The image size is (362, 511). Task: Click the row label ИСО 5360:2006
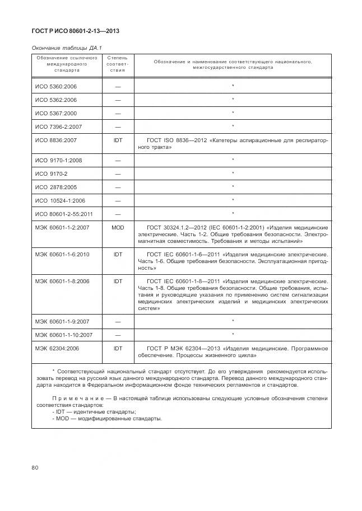[55, 86]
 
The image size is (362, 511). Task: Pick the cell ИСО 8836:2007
[55, 140]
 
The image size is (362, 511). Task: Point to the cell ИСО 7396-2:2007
[58, 126]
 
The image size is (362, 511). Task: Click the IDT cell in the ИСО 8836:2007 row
[118, 140]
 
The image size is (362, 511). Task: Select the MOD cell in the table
[118, 228]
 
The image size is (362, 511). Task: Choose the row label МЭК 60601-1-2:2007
[63, 228]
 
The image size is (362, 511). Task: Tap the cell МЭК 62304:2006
[58, 348]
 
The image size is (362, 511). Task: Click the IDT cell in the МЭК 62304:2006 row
[118, 348]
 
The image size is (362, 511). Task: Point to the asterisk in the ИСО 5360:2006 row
[233, 86]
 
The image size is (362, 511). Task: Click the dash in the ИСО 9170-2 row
[118, 174]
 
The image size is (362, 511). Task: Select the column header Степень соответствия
[118, 64]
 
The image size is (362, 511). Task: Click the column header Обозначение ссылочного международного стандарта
[67, 64]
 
